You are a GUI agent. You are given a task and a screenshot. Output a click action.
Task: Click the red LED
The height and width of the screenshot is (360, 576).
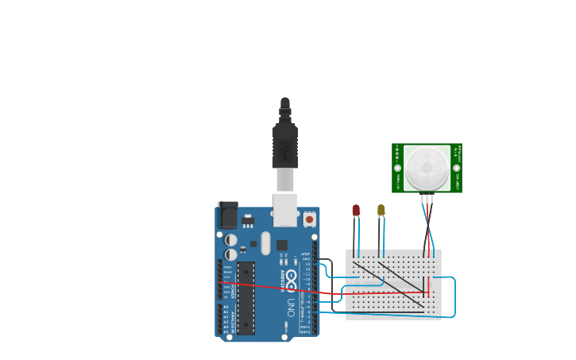[356, 211]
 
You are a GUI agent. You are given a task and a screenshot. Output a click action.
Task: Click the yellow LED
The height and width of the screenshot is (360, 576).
[381, 210]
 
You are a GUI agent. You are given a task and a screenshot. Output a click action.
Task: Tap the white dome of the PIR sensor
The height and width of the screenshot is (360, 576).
[427, 168]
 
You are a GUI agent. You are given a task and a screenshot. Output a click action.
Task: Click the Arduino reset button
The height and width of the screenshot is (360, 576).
[309, 219]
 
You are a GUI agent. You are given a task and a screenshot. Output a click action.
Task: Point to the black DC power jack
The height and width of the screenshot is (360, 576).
[227, 215]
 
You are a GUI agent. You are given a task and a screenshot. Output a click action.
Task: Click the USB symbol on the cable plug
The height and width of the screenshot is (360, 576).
[285, 150]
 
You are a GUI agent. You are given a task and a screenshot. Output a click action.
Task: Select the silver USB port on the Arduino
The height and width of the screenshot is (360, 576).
[285, 210]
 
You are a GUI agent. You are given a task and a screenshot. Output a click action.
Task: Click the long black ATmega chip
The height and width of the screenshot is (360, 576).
[245, 298]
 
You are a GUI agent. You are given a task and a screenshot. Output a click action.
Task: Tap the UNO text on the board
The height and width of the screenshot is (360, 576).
[291, 307]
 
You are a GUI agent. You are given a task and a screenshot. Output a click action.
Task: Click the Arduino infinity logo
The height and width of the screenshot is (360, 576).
[291, 280]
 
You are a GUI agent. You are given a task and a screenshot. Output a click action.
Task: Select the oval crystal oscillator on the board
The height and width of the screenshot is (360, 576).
[265, 243]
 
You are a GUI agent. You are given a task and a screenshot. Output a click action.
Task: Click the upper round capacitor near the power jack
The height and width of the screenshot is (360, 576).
[230, 240]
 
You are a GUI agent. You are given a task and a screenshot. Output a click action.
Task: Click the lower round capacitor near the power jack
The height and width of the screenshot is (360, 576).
[230, 255]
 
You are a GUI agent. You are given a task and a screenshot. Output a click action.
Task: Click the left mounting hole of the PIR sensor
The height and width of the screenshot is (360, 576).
[397, 168]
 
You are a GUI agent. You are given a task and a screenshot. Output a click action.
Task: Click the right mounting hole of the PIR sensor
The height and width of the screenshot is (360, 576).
[456, 168]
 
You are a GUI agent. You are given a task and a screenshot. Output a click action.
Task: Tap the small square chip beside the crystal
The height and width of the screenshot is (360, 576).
[281, 246]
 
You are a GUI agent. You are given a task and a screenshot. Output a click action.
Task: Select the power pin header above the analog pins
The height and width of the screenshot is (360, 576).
[220, 280]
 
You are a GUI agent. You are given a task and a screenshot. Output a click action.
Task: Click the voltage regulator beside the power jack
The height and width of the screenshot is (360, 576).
[248, 220]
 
